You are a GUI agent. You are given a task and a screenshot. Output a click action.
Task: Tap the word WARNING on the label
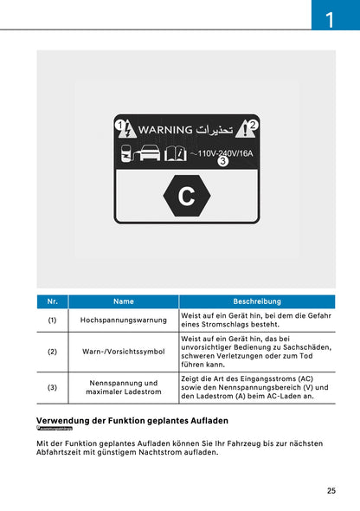(164, 131)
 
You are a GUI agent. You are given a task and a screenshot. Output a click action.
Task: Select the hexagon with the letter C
(186, 197)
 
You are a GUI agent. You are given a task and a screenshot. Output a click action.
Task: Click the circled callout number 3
(223, 162)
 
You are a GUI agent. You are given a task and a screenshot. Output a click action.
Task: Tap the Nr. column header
(52, 301)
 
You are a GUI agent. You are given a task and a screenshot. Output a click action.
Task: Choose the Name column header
(124, 301)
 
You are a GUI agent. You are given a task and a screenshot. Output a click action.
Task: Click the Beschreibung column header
(257, 301)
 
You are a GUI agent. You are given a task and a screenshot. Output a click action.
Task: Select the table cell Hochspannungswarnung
(124, 320)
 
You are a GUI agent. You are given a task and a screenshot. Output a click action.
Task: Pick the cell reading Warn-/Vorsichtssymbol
(124, 353)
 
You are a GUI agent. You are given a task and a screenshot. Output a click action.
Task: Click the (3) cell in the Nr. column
(52, 387)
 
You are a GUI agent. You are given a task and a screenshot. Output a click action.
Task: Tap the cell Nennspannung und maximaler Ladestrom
(124, 387)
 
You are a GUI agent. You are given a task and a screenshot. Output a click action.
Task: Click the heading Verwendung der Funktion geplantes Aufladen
(132, 420)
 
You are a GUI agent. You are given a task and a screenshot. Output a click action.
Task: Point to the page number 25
(331, 491)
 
